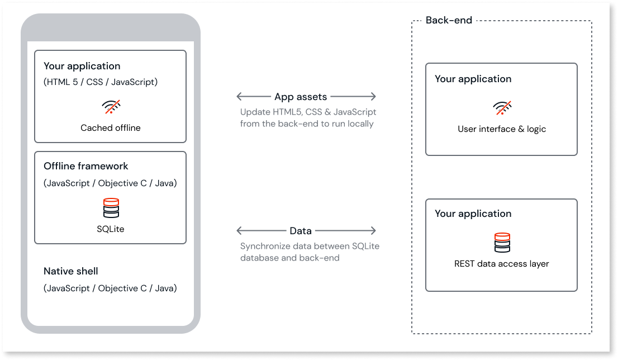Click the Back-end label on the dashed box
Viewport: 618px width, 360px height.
(449, 21)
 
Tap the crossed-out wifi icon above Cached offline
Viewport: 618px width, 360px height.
(111, 106)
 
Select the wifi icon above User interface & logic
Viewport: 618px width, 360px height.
(502, 108)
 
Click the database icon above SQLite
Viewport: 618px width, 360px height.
(111, 208)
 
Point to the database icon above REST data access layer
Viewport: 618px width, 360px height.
(502, 243)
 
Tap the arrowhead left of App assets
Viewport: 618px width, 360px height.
(239, 97)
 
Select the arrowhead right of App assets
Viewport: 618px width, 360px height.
(373, 97)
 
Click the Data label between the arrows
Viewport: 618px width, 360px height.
(301, 230)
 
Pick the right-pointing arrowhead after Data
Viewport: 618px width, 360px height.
(373, 230)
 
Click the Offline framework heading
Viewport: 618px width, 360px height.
(86, 166)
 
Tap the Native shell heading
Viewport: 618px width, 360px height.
(71, 271)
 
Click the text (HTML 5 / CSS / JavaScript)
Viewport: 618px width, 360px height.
(101, 82)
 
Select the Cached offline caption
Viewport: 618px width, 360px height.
(111, 127)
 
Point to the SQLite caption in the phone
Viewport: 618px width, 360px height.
(111, 229)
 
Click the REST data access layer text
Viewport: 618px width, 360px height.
(502, 264)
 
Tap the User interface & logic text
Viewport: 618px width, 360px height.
(502, 129)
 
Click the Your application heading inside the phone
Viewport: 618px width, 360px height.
(82, 66)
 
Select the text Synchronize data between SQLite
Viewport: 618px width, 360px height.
(310, 247)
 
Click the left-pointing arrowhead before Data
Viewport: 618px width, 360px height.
(239, 230)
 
